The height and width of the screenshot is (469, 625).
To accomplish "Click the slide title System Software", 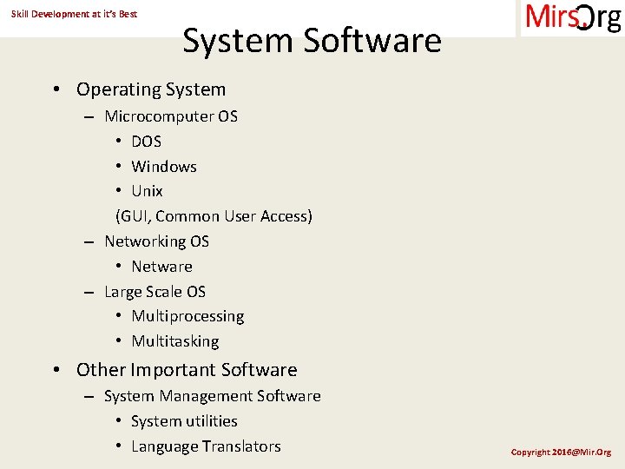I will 312,41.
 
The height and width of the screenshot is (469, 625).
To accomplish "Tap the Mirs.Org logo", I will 572,18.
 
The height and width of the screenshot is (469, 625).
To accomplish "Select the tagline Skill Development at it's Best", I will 74,14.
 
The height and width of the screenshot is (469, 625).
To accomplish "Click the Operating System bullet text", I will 151,89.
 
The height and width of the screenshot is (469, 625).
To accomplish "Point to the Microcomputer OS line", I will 171,116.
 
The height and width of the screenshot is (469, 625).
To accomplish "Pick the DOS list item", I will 146,142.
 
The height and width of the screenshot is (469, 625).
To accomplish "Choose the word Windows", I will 164,167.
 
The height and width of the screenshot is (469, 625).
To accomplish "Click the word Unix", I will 147,191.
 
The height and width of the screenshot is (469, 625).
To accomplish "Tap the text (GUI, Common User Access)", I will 214,216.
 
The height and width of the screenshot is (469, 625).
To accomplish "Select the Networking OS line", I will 156,241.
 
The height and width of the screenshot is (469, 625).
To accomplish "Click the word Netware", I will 161,267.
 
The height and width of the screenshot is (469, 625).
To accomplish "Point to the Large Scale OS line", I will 155,292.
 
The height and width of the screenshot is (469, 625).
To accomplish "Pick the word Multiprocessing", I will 187,316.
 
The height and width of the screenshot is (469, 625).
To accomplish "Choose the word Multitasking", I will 174,341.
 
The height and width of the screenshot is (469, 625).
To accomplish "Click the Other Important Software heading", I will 187,370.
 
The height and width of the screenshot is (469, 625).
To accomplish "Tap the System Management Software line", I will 212,396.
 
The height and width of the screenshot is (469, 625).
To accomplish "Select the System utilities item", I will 184,421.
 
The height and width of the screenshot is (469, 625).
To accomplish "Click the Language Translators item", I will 206,446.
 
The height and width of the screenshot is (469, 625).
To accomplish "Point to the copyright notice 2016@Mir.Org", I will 561,452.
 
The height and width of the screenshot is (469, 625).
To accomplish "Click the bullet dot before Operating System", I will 56,89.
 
